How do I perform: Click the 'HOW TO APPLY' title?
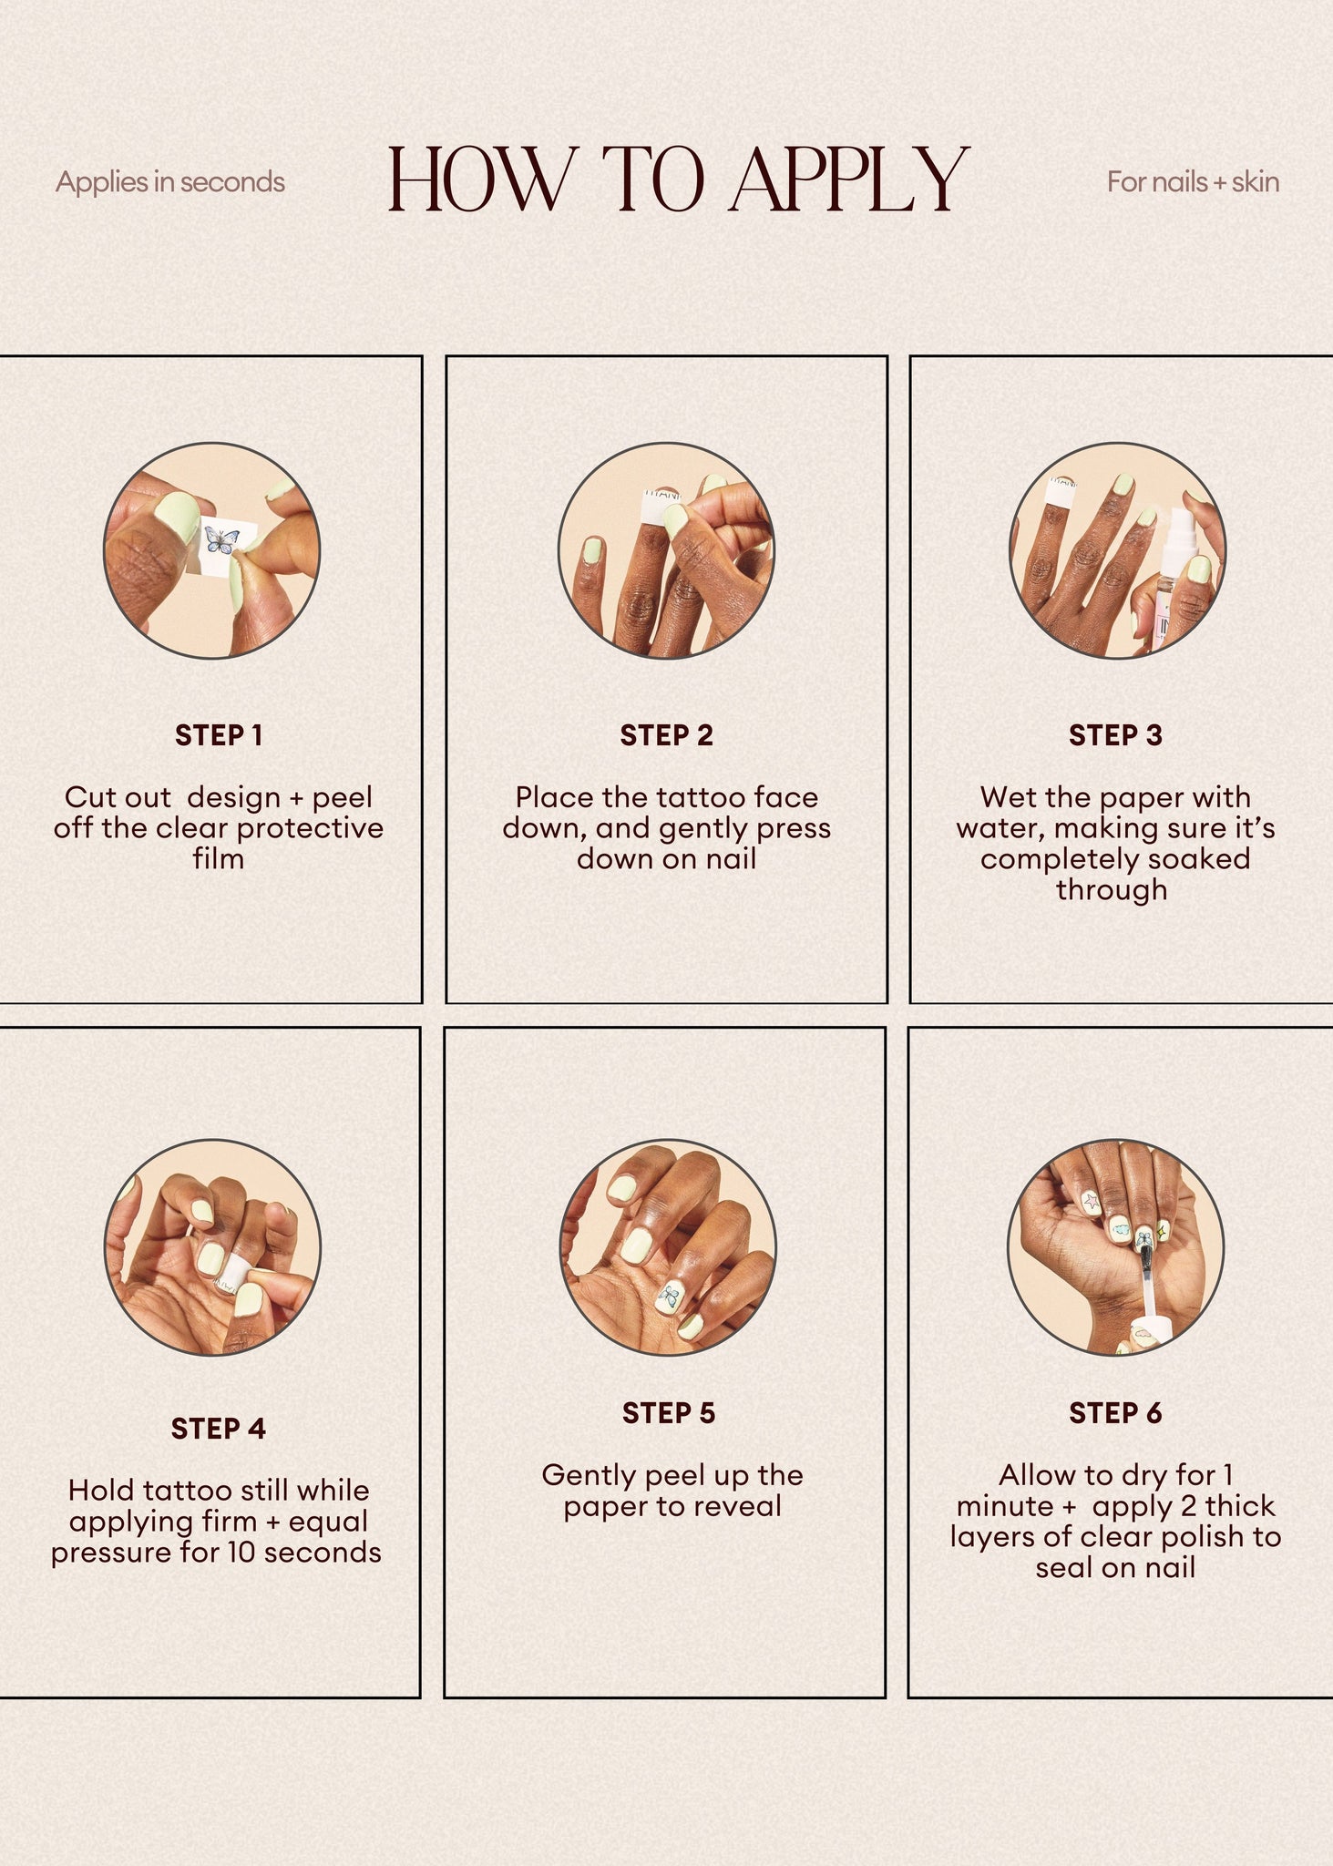point(678,179)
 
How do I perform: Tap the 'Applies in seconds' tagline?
point(170,182)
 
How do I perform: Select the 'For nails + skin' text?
point(1193,182)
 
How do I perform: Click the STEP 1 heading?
point(219,735)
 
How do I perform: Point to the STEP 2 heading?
point(667,735)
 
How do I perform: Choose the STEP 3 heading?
point(1115,735)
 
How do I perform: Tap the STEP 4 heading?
point(218,1428)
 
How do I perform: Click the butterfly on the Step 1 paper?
point(221,541)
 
